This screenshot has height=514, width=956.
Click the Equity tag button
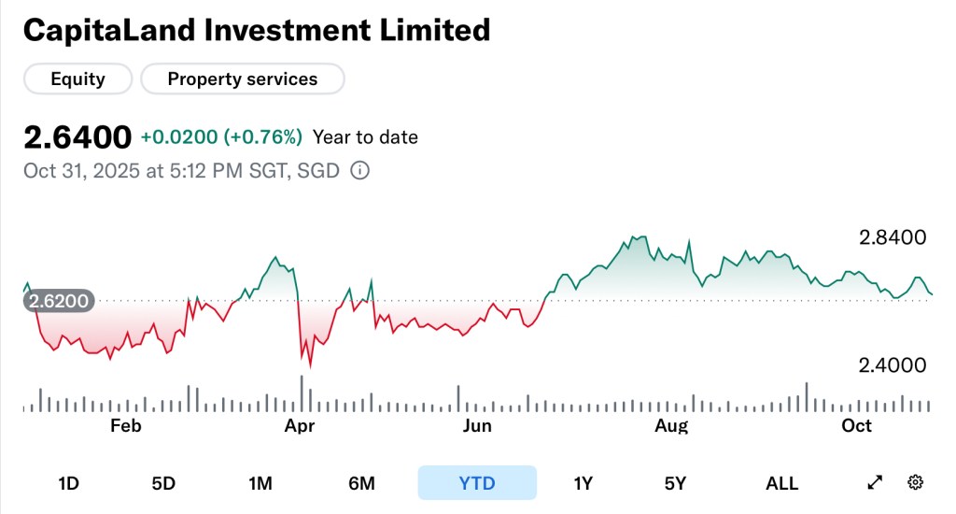coord(77,79)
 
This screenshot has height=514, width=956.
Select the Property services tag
coord(243,79)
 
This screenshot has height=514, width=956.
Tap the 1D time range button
coord(68,483)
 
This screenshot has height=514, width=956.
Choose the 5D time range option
coord(163,483)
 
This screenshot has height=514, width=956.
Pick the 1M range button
coord(260,483)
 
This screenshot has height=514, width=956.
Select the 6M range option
coord(361,483)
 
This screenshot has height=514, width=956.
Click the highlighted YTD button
coord(477,483)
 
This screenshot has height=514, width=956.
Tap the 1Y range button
coord(583,483)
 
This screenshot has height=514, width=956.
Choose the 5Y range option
coord(675,483)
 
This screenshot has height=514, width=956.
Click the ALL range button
coord(781,483)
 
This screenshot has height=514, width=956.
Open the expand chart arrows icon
coord(875,482)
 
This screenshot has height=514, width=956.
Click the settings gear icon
coord(916,482)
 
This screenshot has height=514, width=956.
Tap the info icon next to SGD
coord(359,171)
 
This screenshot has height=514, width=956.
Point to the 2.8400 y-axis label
coord(893,237)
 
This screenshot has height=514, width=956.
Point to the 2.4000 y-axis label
coord(893,365)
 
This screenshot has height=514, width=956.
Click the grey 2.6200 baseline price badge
coord(59,301)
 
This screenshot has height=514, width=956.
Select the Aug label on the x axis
coord(671,426)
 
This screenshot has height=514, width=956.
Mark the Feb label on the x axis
coord(125,426)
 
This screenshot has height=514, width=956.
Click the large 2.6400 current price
coord(77,137)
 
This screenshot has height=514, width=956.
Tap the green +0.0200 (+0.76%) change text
coord(221,137)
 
